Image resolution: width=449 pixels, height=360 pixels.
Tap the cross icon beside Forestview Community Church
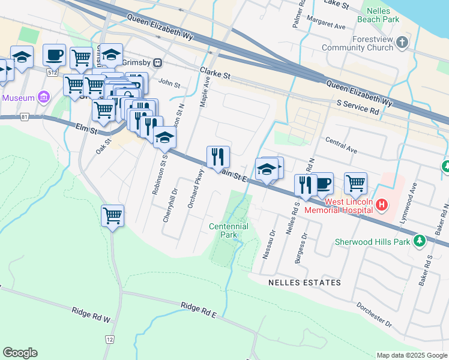coord(403,43)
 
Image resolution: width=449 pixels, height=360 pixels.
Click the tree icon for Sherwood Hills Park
coord(420,241)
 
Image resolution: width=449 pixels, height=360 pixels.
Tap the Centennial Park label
coord(229,231)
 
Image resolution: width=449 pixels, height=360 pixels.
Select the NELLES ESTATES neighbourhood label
coord(305,282)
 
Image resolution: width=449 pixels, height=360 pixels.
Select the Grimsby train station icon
coord(158,62)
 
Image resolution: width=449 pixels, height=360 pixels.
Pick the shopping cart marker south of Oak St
coord(113,215)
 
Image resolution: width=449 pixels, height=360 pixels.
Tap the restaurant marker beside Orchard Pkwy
coord(218,157)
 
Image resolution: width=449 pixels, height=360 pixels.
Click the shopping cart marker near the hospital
coord(355,183)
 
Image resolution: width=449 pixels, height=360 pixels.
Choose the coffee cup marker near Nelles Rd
coord(322,183)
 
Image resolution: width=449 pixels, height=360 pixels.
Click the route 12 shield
coord(110,340)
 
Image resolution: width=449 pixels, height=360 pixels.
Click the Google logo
coord(20,353)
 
